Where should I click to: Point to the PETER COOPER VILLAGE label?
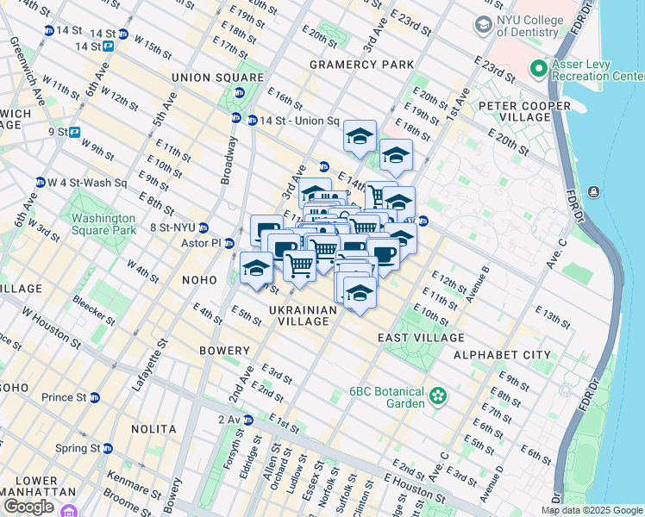524,113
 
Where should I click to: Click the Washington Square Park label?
103,224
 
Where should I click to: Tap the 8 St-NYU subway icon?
204,227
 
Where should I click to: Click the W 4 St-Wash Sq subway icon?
40,183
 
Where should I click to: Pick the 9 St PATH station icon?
75,132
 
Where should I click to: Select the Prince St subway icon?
95,398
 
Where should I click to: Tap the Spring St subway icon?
108,449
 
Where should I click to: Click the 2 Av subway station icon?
248,420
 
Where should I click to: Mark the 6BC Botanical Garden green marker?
439,396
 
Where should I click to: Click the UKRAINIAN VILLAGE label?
298,315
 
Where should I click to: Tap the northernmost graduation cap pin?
360,136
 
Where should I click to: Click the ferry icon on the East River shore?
593,191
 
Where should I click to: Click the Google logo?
28,506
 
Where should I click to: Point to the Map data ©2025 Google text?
591,510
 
